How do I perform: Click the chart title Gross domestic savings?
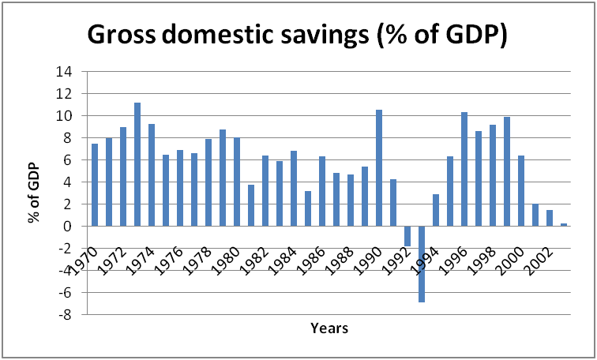pos(297,36)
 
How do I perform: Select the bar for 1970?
pos(95,185)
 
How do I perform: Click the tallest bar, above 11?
pos(137,164)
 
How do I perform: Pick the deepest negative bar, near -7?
pos(422,264)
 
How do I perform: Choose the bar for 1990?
pos(379,167)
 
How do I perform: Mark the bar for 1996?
pos(464,169)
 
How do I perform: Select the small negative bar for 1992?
pos(407,235)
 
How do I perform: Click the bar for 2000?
pos(521,190)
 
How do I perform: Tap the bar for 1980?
pos(237,182)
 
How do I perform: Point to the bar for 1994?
pos(436,210)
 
